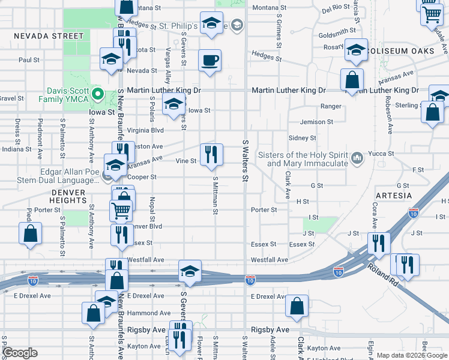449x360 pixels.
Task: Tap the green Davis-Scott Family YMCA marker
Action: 102,95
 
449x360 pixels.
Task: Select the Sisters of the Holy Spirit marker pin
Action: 357,158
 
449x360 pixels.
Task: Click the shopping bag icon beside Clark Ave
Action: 297,305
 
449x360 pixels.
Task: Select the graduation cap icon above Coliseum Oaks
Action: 356,49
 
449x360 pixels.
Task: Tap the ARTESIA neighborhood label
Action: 394,196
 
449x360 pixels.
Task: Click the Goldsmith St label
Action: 338,35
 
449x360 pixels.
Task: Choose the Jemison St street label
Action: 316,122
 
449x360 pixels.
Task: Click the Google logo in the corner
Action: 20,353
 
